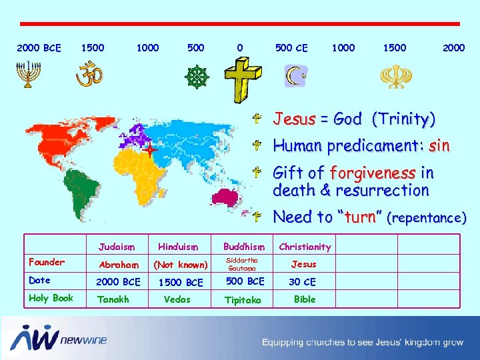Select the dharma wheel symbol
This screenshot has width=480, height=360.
[196, 77]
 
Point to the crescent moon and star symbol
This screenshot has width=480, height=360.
[295, 76]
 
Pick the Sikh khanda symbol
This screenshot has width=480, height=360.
[392, 76]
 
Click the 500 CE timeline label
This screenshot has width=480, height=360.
[291, 48]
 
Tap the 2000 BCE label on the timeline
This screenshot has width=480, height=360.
[39, 48]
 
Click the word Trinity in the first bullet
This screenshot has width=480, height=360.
[403, 119]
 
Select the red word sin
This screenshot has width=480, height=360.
[439, 145]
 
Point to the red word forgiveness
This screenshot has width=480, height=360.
[373, 173]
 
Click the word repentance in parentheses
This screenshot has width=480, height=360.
[427, 217]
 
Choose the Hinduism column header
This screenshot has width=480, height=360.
[176, 246]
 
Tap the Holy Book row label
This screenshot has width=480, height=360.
[51, 298]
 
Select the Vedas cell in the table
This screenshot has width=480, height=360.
[177, 299]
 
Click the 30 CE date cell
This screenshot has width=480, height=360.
[302, 281]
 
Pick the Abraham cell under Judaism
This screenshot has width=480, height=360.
[115, 264]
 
